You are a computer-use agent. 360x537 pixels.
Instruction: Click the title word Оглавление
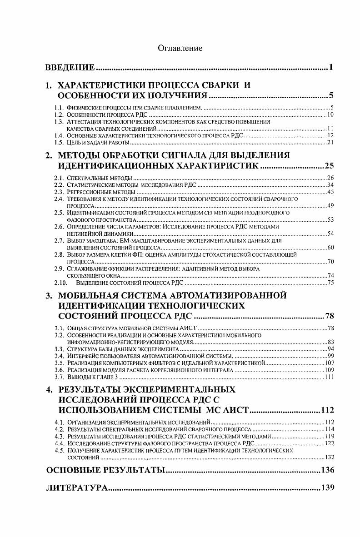[x=180, y=48]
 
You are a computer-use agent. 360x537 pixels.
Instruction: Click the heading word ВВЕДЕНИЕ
[x=70, y=68]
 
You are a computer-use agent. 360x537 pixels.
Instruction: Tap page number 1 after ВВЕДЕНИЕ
[x=332, y=68]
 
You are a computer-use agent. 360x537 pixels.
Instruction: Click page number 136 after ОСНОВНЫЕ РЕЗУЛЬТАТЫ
[x=327, y=470]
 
